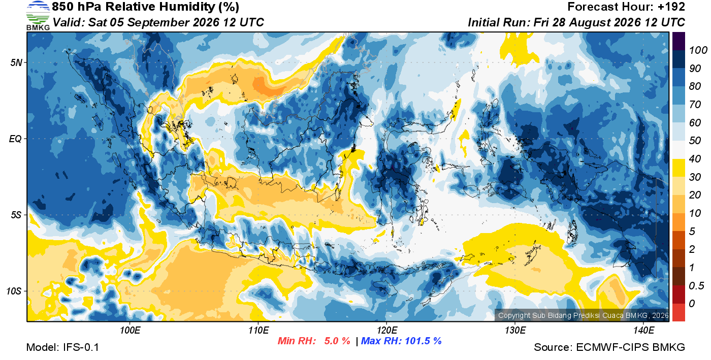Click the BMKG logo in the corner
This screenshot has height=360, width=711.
click(38, 16)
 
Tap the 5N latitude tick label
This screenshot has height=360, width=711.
click(16, 62)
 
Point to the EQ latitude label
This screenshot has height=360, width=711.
click(16, 139)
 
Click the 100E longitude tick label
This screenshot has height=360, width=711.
click(130, 330)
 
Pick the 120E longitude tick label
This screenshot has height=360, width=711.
click(386, 330)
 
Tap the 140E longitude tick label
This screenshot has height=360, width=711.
click(643, 330)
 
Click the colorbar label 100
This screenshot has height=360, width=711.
click(698, 50)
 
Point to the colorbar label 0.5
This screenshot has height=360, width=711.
click(696, 286)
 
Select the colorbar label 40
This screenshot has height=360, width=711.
click(695, 159)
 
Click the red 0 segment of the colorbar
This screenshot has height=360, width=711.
click(678, 313)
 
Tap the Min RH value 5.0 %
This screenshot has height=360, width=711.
click(337, 341)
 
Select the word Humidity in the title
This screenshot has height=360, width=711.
click(187, 7)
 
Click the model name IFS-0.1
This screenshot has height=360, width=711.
click(81, 347)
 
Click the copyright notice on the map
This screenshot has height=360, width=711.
click(583, 315)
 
